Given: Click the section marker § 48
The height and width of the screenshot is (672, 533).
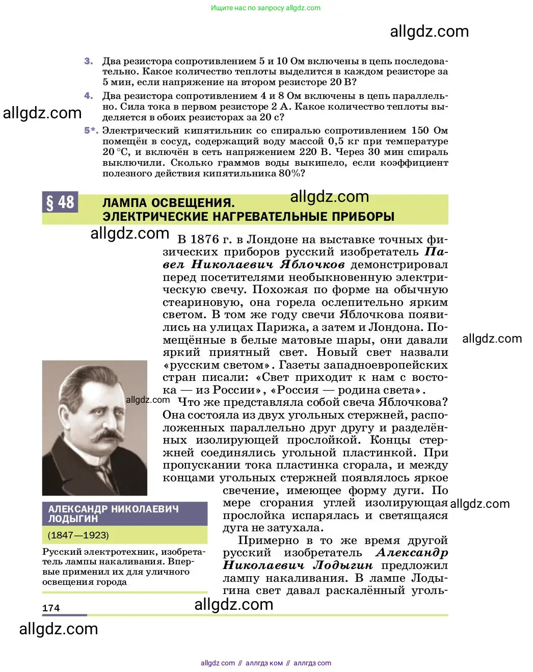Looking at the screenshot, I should (x=60, y=202).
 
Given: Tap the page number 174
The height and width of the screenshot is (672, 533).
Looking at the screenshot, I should (x=51, y=608).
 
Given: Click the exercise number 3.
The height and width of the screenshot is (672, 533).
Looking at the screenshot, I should (x=89, y=61).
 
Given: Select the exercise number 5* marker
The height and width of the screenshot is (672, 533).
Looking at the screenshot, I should (x=91, y=131).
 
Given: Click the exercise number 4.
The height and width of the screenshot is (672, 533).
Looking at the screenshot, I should (x=89, y=96).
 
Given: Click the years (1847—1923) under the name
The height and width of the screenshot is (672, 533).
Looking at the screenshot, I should (x=78, y=535).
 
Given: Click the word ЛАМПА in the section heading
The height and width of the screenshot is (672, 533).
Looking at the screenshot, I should (x=127, y=203).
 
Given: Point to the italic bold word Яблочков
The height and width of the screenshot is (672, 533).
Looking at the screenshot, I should (x=312, y=265).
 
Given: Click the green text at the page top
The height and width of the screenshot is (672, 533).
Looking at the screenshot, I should (x=265, y=8).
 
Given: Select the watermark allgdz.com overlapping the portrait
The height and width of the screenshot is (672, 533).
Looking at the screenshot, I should (x=148, y=400).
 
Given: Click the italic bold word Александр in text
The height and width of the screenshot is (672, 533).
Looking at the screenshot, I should (x=411, y=553).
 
